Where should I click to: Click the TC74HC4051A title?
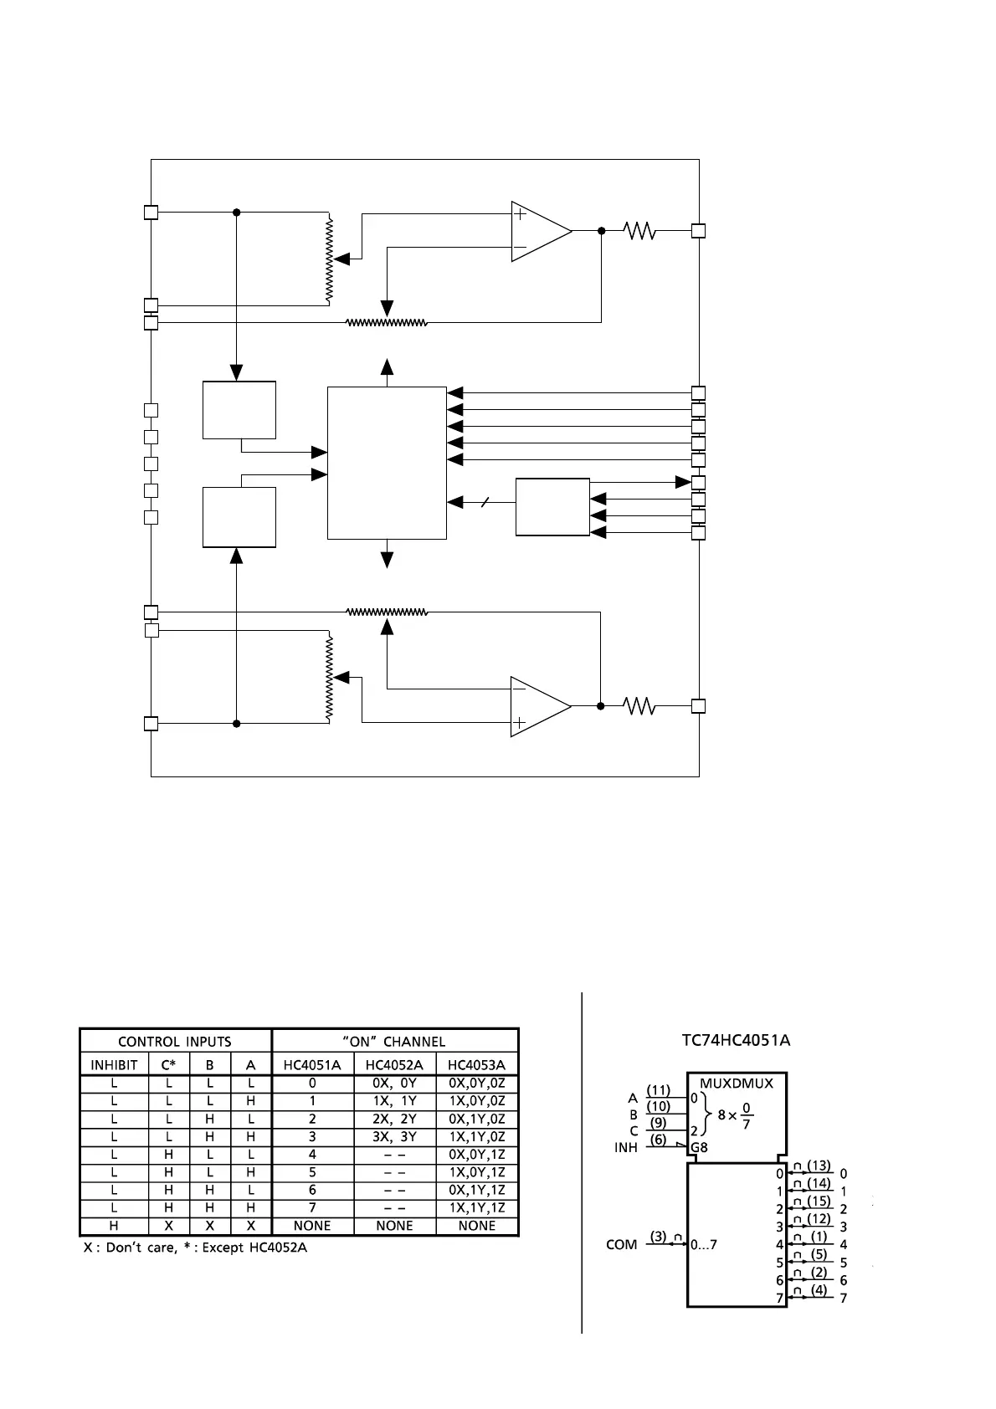[736, 1040]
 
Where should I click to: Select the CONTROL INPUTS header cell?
[175, 1042]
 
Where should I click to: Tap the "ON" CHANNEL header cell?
[394, 1042]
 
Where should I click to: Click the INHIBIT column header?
[114, 1065]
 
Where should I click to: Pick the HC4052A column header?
[394, 1065]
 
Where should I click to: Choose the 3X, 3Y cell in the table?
[394, 1136]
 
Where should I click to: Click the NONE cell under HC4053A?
[477, 1226]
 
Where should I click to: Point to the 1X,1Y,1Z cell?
[477, 1207]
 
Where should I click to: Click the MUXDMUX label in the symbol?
[737, 1083]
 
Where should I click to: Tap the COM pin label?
[621, 1245]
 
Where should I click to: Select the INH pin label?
[626, 1147]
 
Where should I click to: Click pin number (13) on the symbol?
[819, 1166]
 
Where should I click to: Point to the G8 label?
[699, 1147]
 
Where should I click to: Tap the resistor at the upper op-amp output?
[640, 230]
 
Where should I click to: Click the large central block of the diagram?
[387, 463]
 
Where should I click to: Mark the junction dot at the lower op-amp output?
[601, 706]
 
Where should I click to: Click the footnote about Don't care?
[195, 1248]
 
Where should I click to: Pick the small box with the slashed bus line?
[552, 507]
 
